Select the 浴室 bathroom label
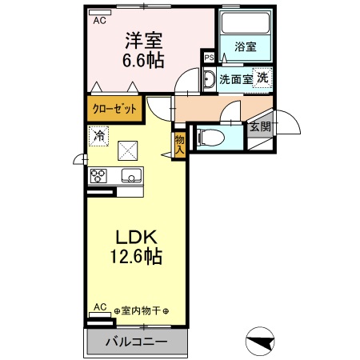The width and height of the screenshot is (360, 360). pyautogui.click(x=245, y=47)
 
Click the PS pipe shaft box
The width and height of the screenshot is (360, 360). pyautogui.click(x=208, y=58)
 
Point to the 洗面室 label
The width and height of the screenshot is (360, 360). pyautogui.click(x=236, y=79)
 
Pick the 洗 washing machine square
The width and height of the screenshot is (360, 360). pyautogui.click(x=262, y=78)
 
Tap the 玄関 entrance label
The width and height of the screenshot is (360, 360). pyautogui.click(x=259, y=127)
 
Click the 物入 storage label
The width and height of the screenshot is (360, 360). pyautogui.click(x=179, y=144)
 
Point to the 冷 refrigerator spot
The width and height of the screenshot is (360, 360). pyautogui.click(x=98, y=137)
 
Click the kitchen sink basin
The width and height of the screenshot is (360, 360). pyautogui.click(x=128, y=175)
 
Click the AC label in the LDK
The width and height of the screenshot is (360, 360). pyautogui.click(x=99, y=306)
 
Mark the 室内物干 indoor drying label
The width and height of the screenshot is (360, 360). pyautogui.click(x=146, y=311)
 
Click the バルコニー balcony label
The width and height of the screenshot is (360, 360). pyautogui.click(x=138, y=342)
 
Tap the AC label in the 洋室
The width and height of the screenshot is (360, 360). pyautogui.click(x=99, y=21)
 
